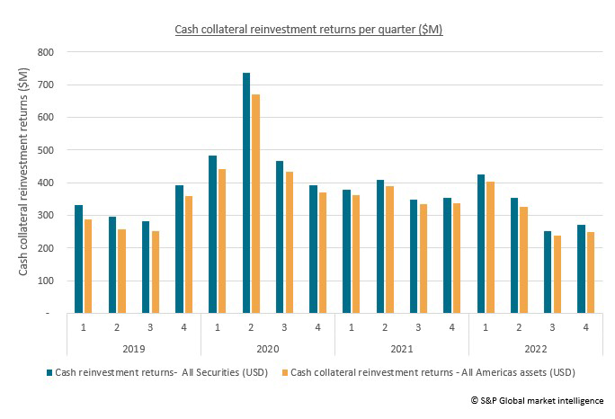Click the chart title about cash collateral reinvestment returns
tap(307, 30)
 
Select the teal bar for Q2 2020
tap(246, 193)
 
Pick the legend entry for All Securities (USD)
tap(154, 371)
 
